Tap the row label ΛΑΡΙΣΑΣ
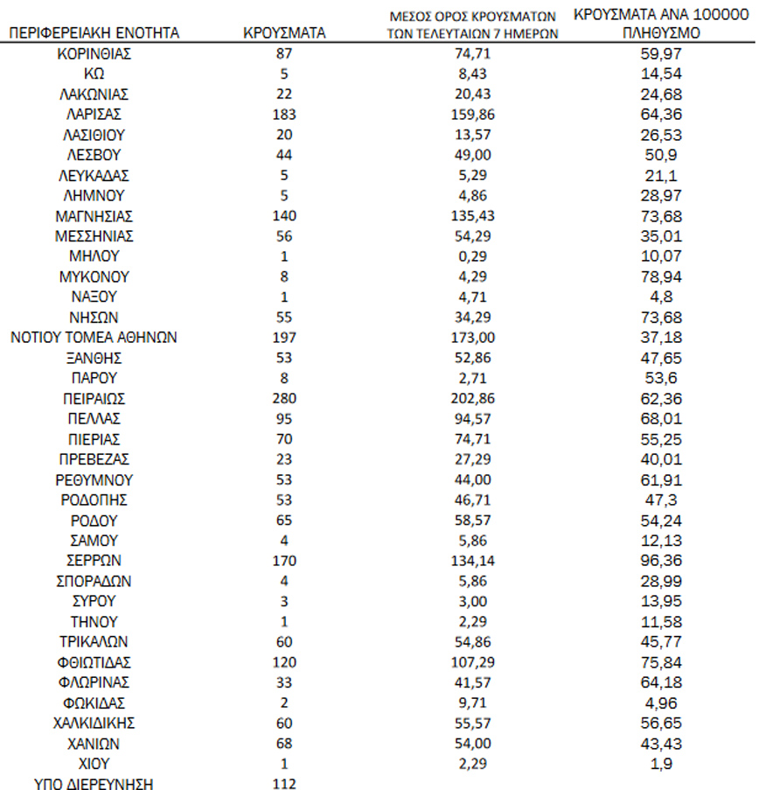pyautogui.click(x=93, y=115)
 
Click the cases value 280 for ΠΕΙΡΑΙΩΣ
pyautogui.click(x=284, y=399)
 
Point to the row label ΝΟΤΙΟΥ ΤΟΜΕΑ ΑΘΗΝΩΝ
pyautogui.click(x=93, y=338)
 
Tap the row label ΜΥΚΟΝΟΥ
pyautogui.click(x=93, y=276)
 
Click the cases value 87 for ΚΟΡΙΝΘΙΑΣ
pyautogui.click(x=284, y=53)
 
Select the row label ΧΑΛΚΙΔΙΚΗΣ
pyautogui.click(x=93, y=724)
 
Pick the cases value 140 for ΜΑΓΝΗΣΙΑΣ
pyautogui.click(x=284, y=216)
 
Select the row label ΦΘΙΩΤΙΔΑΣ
pyautogui.click(x=93, y=662)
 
